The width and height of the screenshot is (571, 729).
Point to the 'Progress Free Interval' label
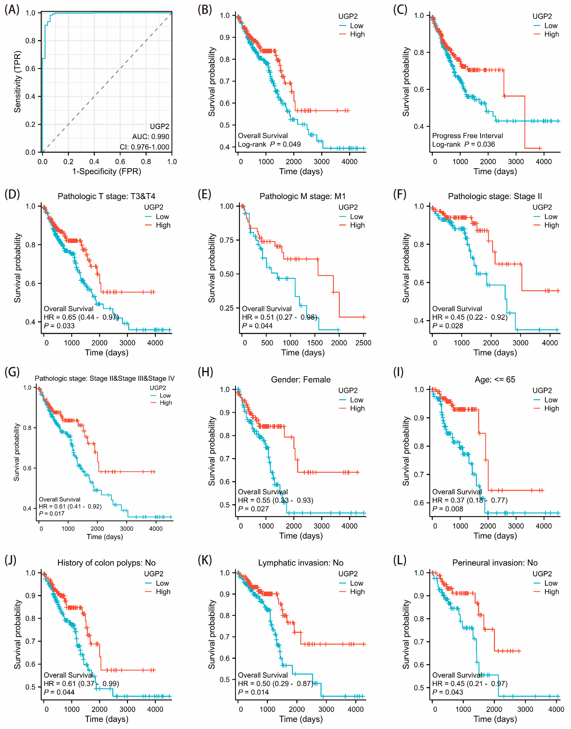coord(467,136)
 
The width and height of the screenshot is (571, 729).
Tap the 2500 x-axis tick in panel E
coord(363,343)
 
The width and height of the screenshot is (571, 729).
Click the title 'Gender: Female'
coord(300,380)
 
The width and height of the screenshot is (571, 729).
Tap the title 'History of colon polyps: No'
coord(106,563)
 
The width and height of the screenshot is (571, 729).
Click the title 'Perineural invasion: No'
coord(495,563)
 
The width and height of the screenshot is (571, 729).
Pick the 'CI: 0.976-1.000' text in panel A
coord(144,147)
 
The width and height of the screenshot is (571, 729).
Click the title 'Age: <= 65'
coord(495,380)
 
